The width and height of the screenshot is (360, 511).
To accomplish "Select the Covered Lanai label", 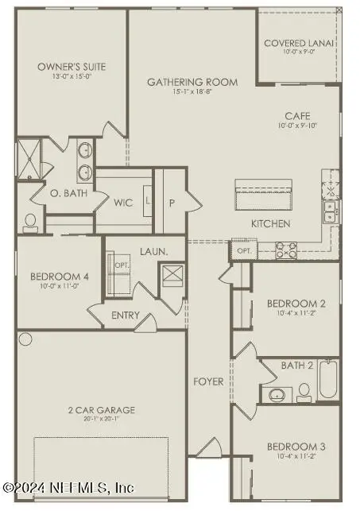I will pos(298,43).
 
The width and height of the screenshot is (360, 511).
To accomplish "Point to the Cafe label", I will pos(298,116).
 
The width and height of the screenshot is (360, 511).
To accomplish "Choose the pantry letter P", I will pos(172,203).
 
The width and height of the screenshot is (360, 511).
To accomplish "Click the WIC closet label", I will pos(123,203).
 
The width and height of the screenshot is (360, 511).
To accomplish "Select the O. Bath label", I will pos(60,193).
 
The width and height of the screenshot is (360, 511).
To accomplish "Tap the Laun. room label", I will pos(153,252).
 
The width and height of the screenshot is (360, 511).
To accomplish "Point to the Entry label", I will pos(126,316).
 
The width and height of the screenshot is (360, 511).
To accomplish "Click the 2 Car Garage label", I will pos(100,410).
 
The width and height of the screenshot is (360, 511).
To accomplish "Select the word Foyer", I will pos(209,382).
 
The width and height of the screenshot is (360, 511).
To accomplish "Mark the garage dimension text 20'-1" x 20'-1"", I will pos(100,419).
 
